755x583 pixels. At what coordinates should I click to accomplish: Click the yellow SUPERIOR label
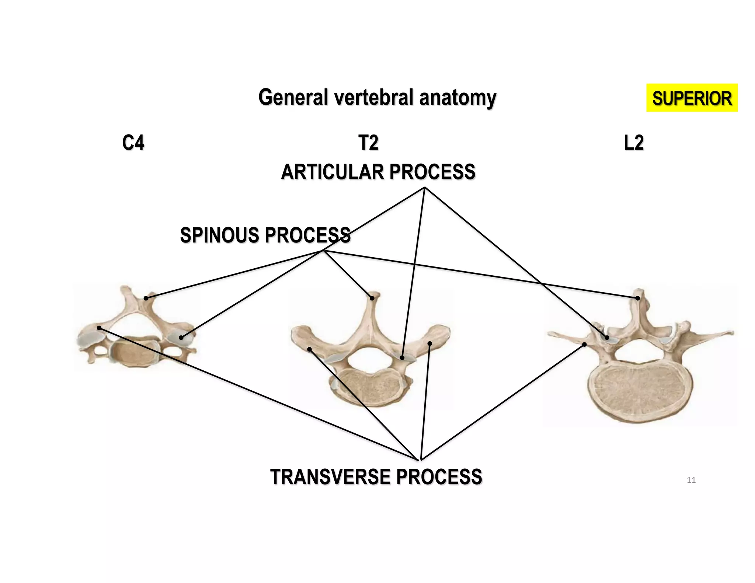[x=692, y=98]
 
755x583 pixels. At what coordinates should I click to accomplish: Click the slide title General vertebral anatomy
[x=377, y=97]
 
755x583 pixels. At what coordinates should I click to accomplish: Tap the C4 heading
[x=133, y=143]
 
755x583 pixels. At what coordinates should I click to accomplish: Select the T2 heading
[x=368, y=143]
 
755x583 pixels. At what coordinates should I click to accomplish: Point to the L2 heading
[x=634, y=143]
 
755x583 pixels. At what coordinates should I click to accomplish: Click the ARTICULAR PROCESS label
[x=378, y=172]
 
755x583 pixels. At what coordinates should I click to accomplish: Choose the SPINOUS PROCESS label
[x=265, y=235]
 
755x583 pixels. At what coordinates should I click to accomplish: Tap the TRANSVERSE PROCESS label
[x=376, y=477]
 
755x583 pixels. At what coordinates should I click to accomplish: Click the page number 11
[x=691, y=480]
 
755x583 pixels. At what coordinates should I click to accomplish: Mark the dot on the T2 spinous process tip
[x=372, y=298]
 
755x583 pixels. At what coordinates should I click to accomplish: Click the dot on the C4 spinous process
[x=146, y=298]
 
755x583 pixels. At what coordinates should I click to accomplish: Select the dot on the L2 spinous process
[x=638, y=298]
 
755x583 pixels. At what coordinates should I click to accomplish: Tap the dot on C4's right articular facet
[x=181, y=338]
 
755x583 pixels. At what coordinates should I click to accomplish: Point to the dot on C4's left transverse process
[x=99, y=328]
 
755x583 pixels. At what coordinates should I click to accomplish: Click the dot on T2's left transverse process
[x=309, y=349]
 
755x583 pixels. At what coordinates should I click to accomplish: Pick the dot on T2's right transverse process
[x=429, y=343]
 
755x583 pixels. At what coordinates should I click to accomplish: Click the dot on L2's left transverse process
[x=584, y=345]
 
